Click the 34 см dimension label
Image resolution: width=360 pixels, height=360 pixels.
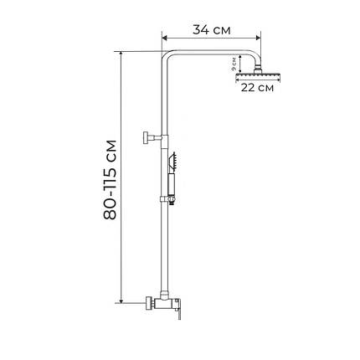tap(212, 30)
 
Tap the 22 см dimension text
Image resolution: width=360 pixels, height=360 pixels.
tap(257, 88)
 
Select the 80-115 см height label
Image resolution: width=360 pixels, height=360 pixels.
tap(110, 180)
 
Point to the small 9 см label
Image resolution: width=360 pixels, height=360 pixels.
tap(234, 64)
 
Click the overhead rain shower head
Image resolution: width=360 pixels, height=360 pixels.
tap(258, 76)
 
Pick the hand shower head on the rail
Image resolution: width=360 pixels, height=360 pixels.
tap(172, 162)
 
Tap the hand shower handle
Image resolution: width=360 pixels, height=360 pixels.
tap(171, 183)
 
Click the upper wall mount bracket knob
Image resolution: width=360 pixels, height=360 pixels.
tap(146, 137)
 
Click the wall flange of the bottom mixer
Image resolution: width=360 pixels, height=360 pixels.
tap(149, 303)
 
